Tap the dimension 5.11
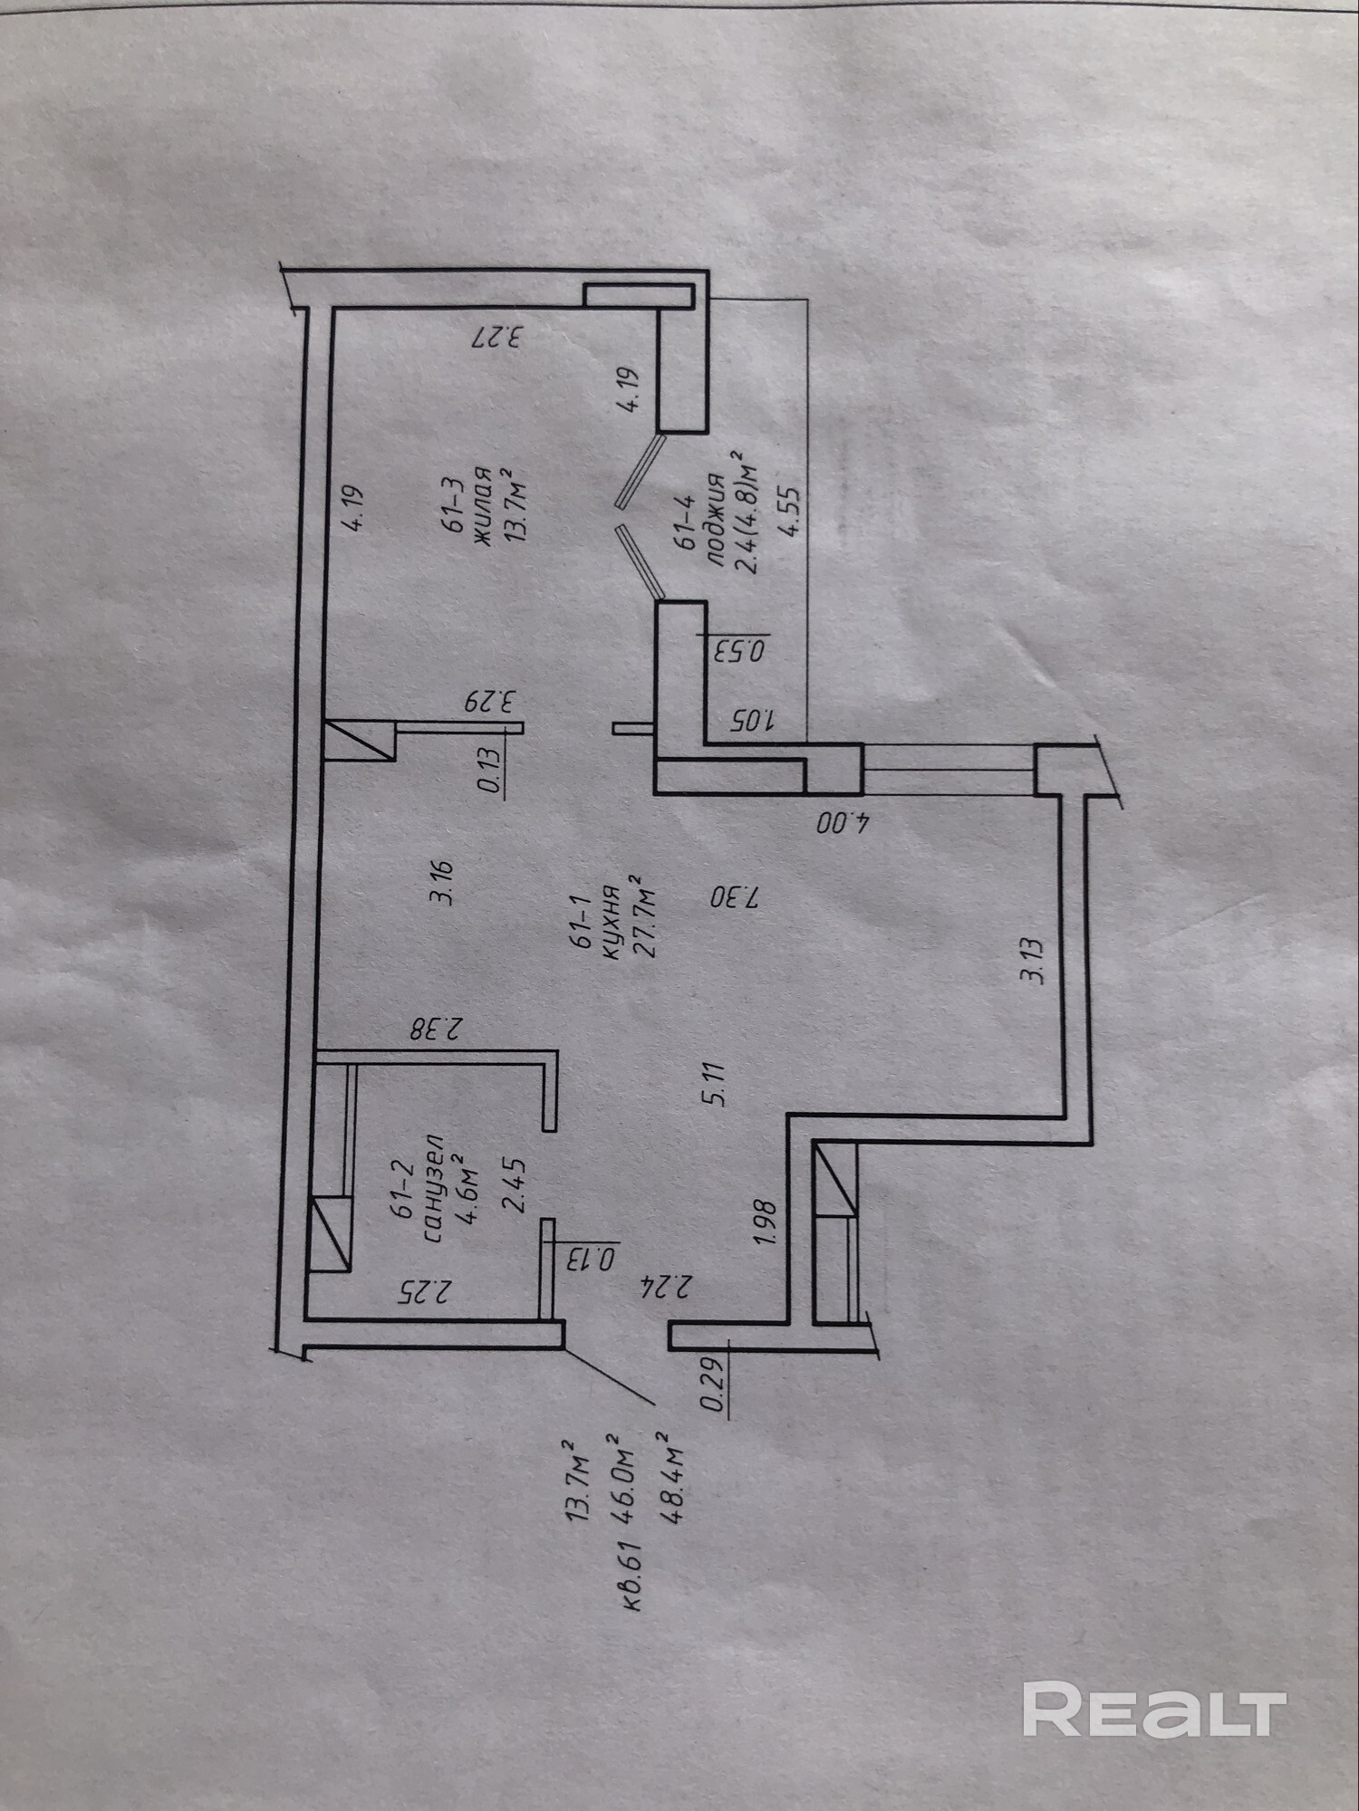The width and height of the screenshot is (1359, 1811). click(716, 1084)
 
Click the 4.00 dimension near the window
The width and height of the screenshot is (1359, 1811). click(843, 823)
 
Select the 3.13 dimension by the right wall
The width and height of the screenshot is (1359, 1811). click(1032, 962)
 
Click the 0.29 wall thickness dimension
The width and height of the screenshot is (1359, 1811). click(715, 1385)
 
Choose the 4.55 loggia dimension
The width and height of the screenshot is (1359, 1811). click(790, 513)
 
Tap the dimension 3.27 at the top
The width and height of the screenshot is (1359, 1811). click(498, 338)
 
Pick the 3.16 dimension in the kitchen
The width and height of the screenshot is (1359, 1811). click(443, 883)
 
